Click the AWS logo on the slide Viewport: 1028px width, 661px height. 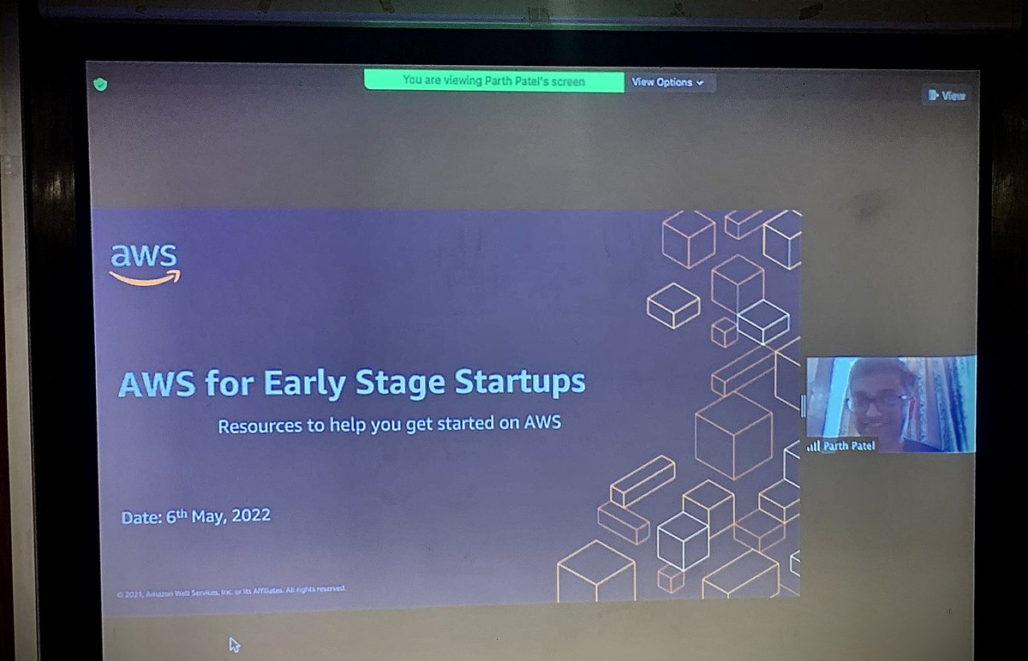(144, 262)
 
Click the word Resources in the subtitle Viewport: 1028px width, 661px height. (260, 426)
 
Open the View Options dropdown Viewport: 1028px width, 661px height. (667, 82)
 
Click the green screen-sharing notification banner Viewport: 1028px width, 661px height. (493, 81)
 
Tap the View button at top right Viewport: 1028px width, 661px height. (947, 96)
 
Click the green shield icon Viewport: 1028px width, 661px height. (101, 84)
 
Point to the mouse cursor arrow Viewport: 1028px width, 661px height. (234, 644)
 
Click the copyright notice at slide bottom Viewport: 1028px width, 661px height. (231, 589)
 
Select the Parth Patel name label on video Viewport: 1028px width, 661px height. (849, 446)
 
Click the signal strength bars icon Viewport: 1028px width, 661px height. (813, 446)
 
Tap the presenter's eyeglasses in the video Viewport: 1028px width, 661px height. (876, 401)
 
